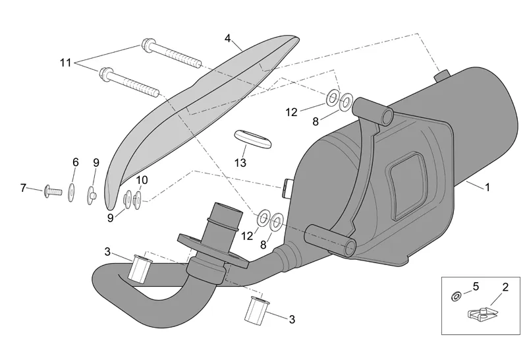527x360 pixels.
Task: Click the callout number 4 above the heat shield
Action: pos(228,38)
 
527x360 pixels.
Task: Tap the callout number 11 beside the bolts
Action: pos(66,63)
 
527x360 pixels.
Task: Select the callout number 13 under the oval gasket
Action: pos(240,163)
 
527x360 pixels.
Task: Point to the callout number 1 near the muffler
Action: pos(487,187)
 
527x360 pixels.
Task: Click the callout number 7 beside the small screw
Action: pos(23,188)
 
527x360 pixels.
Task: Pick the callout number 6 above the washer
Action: pos(76,162)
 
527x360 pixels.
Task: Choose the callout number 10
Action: pos(142,181)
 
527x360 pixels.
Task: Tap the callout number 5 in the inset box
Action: pos(476,286)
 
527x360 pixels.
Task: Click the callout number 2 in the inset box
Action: pos(505,287)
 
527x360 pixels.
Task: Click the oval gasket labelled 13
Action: pos(253,138)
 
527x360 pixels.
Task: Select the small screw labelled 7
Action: pos(53,191)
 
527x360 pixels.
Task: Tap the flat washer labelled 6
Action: pos(71,193)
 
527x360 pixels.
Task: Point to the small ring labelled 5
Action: pos(456,297)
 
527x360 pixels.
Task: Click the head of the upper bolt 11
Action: pos(148,45)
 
